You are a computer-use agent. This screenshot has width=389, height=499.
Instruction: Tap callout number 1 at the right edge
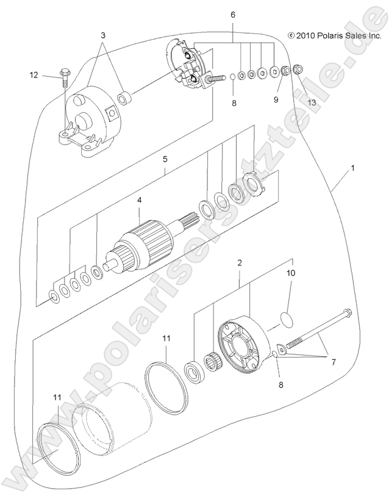pos(352,167)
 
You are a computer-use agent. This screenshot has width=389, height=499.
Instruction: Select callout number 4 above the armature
pos(138,200)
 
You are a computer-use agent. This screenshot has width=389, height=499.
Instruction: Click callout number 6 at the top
pos(232,14)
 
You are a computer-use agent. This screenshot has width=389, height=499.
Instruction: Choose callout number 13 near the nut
pos(312,102)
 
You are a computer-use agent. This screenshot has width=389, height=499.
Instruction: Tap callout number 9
pos(276,99)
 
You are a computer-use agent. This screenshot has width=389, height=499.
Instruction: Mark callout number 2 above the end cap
pos(240,263)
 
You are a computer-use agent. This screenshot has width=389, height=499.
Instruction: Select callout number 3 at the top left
pos(103,36)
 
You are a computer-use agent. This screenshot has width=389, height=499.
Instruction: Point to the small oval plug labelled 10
pos(286,317)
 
